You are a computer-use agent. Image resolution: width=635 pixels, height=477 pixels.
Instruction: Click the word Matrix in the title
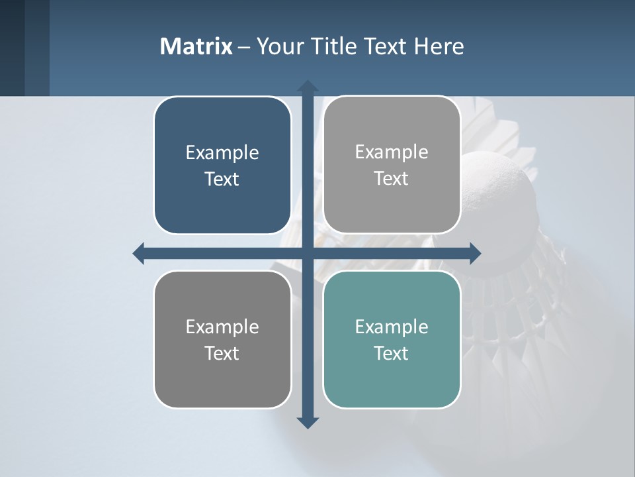(196, 46)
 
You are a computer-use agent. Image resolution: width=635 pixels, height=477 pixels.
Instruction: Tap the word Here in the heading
(439, 46)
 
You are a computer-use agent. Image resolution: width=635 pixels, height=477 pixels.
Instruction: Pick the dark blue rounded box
(222, 166)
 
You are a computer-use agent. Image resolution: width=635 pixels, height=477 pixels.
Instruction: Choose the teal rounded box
(392, 339)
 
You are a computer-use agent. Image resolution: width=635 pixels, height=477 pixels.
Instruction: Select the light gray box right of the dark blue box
(392, 165)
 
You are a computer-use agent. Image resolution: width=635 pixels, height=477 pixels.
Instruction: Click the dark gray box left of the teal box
(222, 339)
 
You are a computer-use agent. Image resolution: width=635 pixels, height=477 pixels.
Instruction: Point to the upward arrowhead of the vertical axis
(308, 86)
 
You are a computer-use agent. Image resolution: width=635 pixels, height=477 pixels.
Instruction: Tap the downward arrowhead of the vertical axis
(308, 422)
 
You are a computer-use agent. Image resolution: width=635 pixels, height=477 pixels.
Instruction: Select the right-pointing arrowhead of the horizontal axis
(475, 253)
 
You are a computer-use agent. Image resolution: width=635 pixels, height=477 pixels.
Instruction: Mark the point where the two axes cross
(308, 253)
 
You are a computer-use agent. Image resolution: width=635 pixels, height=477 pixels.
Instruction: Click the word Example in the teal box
(392, 327)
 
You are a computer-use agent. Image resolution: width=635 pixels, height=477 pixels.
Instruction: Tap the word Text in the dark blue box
(222, 180)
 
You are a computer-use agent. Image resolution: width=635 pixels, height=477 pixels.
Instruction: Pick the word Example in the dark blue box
(222, 153)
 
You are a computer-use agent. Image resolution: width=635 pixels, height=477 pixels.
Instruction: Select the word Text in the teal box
(392, 353)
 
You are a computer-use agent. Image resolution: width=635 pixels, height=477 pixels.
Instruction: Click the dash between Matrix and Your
(244, 47)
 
